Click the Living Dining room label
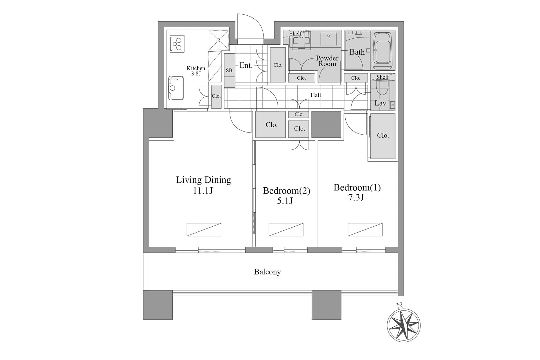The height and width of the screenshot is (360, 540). coord(203,180)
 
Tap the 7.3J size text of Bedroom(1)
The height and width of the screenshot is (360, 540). coord(356,197)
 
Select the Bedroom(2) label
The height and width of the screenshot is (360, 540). coord(286,191)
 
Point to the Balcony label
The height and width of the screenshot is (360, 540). coord(267,272)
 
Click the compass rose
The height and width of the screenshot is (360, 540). coord(404,325)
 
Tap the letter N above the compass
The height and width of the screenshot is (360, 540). coord(399,305)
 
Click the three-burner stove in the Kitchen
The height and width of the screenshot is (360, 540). coord(177,44)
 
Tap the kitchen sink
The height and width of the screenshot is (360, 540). coord(176,88)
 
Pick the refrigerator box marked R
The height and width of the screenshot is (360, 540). coord(219,40)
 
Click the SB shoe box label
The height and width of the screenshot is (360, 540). coord(229,70)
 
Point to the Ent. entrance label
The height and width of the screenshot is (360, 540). coord(246,65)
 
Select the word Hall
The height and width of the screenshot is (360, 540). coord(316,95)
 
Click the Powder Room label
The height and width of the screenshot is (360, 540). coord(327,61)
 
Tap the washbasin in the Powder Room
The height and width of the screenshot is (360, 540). coord(328,39)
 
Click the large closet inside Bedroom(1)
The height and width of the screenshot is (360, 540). coord(383,136)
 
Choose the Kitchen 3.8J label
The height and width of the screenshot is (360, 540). coord(196,71)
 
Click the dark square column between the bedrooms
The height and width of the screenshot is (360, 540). coord(326,124)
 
